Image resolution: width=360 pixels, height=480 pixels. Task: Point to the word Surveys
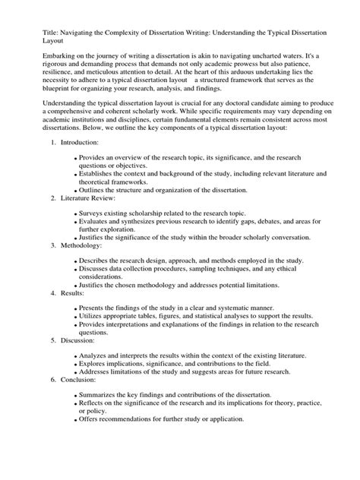(x=96, y=216)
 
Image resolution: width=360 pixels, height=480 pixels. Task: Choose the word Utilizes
(x=96, y=314)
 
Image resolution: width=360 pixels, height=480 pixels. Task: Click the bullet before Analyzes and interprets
(x=76, y=355)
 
